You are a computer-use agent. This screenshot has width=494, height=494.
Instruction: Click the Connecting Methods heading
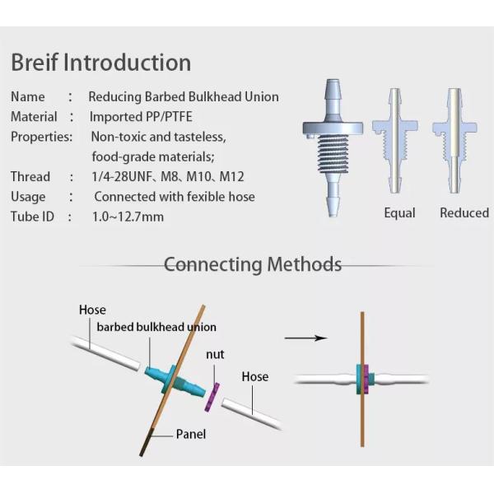[x=252, y=264]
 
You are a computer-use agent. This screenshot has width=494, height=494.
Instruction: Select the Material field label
[x=34, y=117]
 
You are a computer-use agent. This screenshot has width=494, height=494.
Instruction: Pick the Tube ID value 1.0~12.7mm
[x=128, y=217]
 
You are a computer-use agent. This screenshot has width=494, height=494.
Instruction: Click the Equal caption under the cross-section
[x=399, y=213]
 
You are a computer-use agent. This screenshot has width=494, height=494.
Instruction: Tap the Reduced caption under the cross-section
[x=464, y=213]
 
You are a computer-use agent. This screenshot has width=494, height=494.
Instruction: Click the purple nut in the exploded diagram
[x=215, y=394]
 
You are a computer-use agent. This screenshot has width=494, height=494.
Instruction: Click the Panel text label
[x=190, y=434]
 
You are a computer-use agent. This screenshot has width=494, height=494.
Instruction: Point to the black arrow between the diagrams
[x=305, y=338]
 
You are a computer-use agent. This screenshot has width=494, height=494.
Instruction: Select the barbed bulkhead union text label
[x=156, y=327]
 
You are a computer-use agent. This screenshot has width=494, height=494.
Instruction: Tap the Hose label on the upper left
[x=92, y=310]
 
